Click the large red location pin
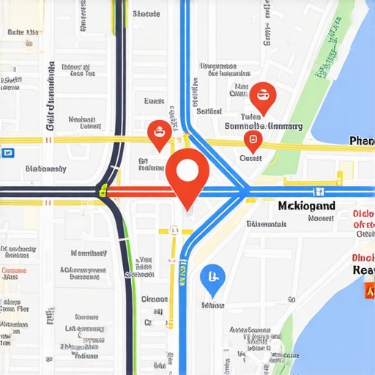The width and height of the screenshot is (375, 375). pos(187,173)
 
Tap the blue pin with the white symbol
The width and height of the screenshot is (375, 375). pos(212,278)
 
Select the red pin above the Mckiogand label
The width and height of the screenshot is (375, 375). pos(253,141)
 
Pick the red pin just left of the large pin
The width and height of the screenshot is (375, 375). pos(159,133)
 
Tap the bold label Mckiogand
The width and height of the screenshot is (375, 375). pos(307,206)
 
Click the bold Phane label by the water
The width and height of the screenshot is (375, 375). pos(361,141)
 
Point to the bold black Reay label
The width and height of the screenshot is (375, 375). pos(363,270)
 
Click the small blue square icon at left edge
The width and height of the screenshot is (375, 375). pos(8,153)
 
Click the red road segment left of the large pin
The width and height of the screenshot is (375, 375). pos(139,192)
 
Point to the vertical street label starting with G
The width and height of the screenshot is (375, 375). pos(51,95)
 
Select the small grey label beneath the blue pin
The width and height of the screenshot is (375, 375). pos(212,303)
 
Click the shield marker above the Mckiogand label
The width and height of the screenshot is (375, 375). pos(318,192)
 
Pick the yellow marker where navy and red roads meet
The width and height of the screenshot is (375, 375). pos(104,192)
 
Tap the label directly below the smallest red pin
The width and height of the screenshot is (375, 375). pos(250,157)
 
